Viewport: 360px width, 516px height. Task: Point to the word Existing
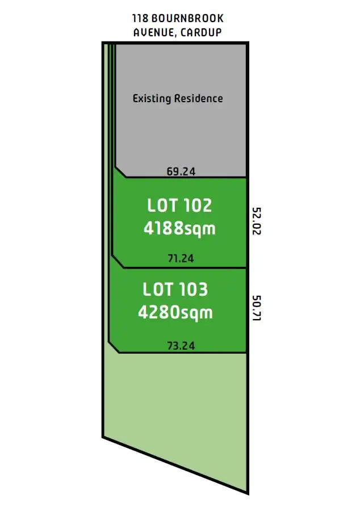point(150,98)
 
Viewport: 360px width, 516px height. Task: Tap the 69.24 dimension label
point(181,171)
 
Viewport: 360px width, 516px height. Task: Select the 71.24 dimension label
point(181,259)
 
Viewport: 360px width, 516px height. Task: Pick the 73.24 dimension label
point(181,345)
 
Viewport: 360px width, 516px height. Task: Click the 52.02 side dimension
point(256,221)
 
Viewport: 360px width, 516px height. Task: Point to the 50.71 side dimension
point(256,308)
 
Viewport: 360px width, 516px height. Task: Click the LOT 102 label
point(179,205)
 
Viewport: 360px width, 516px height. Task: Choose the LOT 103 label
point(175,290)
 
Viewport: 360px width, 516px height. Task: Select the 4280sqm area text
point(175,313)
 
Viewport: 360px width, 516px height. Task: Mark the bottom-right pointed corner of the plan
point(247,492)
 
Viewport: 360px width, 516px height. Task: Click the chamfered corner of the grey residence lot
point(120,172)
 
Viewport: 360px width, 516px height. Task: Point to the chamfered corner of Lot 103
point(113,346)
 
